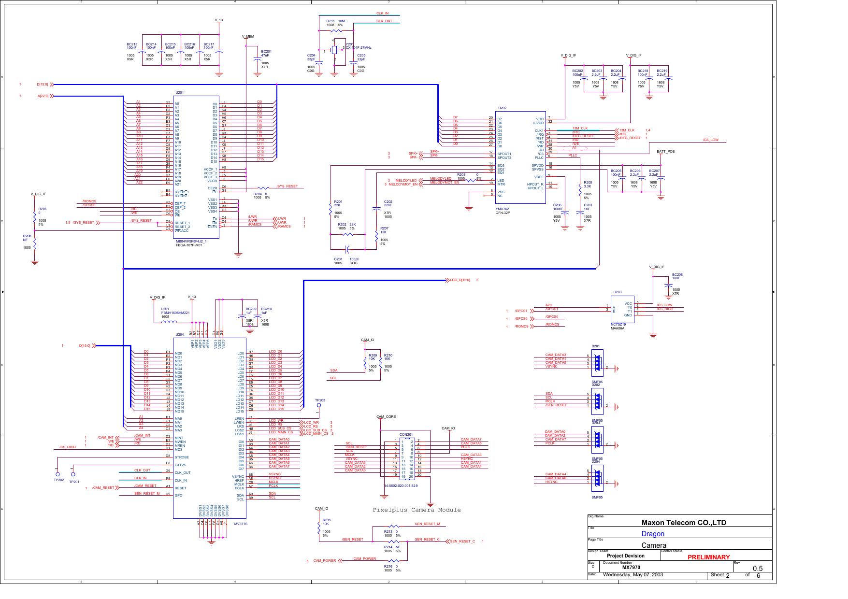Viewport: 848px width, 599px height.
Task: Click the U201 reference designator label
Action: point(179,93)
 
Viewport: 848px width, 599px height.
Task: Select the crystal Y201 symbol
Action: point(334,50)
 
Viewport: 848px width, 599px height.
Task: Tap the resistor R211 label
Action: point(331,21)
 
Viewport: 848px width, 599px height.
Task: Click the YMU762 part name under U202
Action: point(502,209)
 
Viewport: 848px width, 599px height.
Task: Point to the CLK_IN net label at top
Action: point(382,14)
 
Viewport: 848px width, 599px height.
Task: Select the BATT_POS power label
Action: point(665,152)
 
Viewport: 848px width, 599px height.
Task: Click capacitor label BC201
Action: point(266,52)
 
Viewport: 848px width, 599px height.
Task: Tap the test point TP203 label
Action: point(320,400)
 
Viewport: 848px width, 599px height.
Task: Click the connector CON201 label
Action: point(406,435)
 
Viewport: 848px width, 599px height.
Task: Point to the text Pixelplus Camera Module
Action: point(417,510)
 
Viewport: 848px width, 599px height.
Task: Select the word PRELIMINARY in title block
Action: point(708,557)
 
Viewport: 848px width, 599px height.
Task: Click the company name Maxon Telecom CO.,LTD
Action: point(683,523)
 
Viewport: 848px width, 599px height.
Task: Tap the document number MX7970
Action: point(631,568)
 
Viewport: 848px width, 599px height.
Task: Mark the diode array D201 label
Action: point(595,346)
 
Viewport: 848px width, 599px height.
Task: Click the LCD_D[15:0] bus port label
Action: point(460,280)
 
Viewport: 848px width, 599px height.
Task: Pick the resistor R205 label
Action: point(588,183)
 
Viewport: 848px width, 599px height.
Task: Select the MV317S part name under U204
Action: point(241,524)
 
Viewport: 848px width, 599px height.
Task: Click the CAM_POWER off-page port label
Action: point(324,561)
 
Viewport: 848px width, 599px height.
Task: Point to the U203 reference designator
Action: point(618,292)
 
